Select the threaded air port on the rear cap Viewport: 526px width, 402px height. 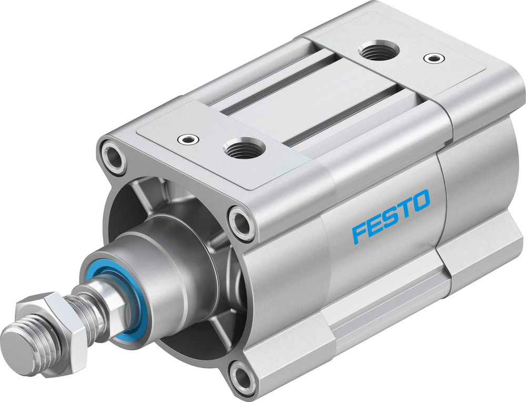(x=378, y=51)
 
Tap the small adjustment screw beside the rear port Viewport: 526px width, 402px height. (x=433, y=58)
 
